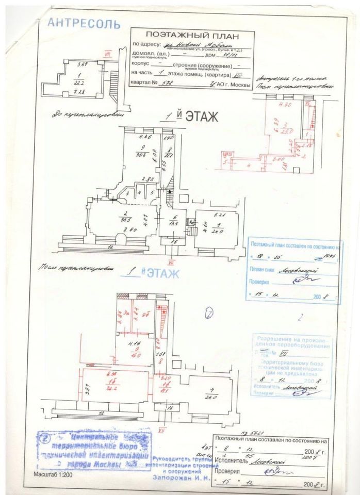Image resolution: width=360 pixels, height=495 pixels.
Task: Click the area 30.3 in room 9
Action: point(138,156)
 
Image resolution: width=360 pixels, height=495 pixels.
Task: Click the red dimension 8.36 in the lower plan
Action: point(110,373)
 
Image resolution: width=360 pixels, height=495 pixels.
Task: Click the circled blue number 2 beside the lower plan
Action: point(209,312)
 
